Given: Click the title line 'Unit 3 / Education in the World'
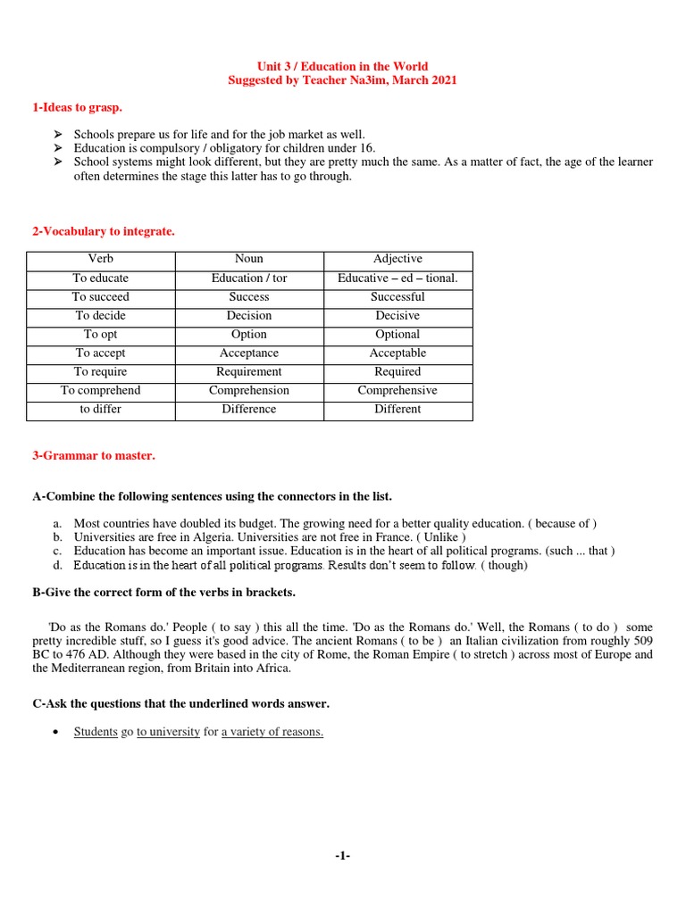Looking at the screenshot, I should (x=343, y=66).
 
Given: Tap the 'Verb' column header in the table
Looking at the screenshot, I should (x=100, y=259).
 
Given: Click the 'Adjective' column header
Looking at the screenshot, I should (x=397, y=259).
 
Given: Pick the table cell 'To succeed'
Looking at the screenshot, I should (x=100, y=296).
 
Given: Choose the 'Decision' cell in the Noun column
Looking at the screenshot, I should (x=248, y=315).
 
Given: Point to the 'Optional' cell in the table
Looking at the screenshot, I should (x=397, y=334).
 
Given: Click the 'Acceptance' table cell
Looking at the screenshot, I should (x=248, y=353).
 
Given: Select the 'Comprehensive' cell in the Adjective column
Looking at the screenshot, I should (x=397, y=390).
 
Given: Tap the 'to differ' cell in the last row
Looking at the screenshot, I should (x=100, y=409).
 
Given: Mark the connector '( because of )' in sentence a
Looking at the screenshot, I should (x=563, y=523).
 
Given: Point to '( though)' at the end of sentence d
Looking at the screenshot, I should (x=504, y=565).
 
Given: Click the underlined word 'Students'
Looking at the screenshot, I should (x=96, y=732).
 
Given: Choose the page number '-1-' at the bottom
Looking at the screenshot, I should (x=343, y=856).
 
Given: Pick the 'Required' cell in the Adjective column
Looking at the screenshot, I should (x=397, y=371).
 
